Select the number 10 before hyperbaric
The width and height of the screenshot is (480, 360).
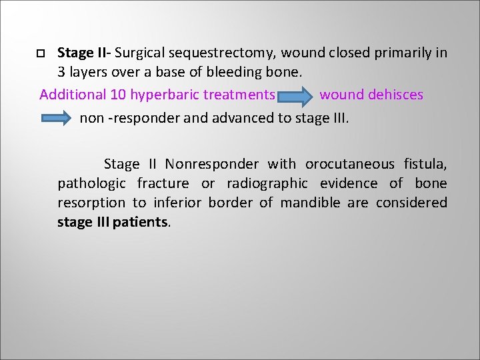119,95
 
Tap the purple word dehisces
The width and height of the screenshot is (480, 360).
395,95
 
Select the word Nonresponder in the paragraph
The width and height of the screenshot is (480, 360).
213,164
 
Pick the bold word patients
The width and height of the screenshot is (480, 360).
141,222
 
